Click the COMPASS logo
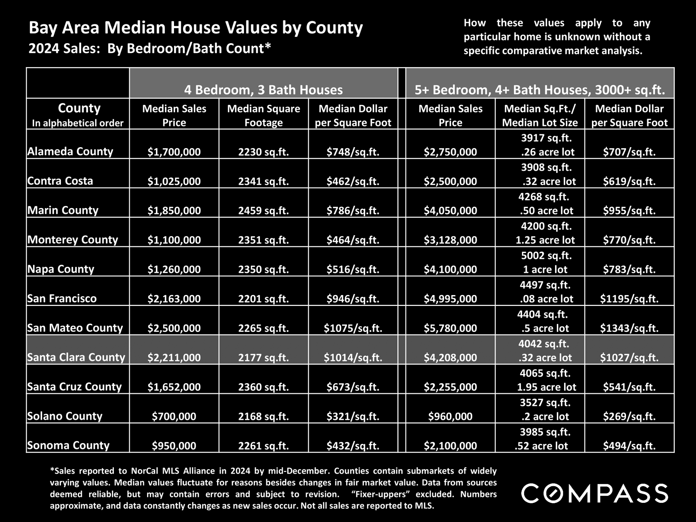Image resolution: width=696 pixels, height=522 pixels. [594, 493]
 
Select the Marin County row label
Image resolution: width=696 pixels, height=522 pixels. [63, 210]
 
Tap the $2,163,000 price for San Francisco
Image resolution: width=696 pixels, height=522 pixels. [174, 299]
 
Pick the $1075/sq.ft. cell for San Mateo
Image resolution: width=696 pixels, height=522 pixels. [353, 328]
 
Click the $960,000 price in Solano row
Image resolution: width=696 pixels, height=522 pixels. [450, 416]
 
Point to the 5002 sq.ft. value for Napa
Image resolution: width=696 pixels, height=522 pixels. [546, 256]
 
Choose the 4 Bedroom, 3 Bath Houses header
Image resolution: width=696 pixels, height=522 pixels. [264, 90]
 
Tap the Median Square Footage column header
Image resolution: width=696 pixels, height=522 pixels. [264, 115]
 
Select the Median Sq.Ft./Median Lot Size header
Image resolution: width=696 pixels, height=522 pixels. [540, 115]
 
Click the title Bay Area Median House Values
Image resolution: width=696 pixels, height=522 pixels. [196, 28]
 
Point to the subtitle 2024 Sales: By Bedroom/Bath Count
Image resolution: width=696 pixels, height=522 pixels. [150, 49]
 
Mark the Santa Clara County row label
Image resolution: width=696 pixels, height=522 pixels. [76, 357]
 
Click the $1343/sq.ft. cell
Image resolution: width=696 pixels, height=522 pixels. [629, 328]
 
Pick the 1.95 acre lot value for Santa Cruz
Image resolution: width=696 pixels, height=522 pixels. [546, 387]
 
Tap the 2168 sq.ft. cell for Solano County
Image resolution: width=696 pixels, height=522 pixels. [264, 416]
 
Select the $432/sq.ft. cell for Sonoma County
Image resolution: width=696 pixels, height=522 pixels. [353, 446]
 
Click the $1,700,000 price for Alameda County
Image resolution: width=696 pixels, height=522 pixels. [174, 152]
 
